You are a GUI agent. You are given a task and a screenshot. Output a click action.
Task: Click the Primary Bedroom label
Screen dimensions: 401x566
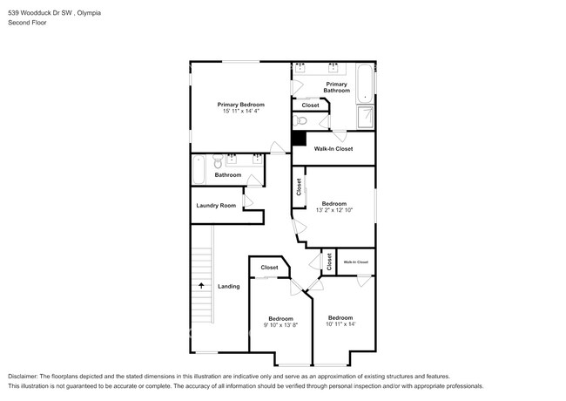239,105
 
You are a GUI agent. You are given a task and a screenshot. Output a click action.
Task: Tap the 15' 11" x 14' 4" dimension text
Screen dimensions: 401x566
239,111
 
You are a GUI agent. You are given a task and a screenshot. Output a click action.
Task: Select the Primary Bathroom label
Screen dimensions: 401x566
336,86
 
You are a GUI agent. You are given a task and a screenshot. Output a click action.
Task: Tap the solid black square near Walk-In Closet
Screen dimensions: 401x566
299,138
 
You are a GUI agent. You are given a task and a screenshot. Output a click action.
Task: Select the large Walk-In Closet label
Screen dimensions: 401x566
334,149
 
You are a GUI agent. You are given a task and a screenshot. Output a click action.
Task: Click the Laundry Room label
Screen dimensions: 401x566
216,206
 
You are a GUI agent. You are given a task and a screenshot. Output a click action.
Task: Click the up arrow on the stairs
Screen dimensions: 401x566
202,285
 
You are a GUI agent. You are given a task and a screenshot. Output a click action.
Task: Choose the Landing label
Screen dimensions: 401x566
228,286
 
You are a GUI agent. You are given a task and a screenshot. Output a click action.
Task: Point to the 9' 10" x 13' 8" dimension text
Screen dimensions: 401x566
281,324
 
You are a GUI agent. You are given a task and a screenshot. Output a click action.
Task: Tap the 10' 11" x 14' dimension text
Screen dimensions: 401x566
340,324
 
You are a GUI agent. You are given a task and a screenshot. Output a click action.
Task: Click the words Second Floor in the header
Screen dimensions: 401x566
27,22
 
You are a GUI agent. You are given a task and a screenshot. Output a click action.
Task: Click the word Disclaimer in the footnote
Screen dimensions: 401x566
26,376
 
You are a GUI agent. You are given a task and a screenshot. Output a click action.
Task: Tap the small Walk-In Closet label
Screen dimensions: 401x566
355,262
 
